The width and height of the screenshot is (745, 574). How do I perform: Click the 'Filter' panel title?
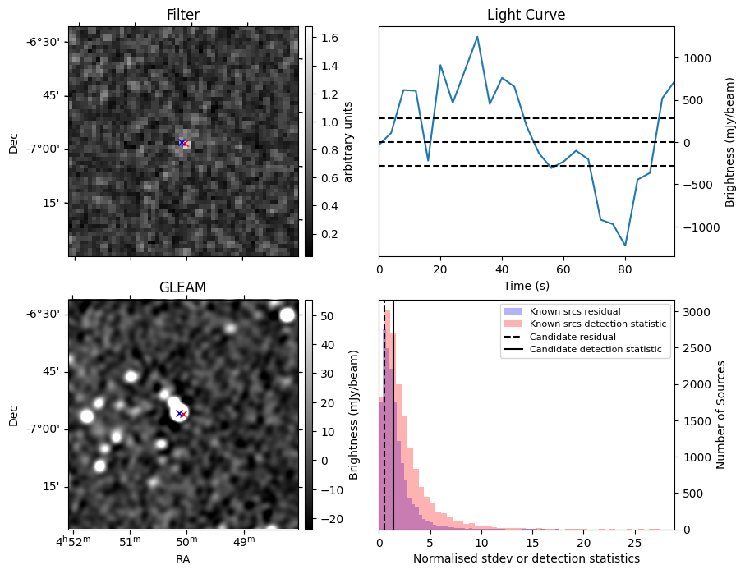tap(182, 15)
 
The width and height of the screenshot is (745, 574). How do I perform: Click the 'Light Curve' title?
tap(526, 15)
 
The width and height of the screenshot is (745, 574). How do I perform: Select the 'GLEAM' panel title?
tap(182, 287)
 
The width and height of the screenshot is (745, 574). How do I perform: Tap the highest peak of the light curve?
tap(477, 36)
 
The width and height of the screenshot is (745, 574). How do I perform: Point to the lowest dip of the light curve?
tap(625, 246)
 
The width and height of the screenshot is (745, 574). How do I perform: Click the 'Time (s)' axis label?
tap(526, 286)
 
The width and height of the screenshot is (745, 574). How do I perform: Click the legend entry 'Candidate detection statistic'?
tap(596, 350)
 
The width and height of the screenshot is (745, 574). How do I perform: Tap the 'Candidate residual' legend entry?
tap(573, 338)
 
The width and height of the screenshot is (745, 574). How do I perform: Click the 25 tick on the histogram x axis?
tap(634, 543)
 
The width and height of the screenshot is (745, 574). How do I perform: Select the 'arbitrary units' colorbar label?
tap(347, 141)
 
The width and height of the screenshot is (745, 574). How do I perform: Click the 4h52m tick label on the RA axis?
tap(74, 543)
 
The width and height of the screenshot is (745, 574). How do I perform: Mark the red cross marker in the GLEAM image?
tap(183, 415)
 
